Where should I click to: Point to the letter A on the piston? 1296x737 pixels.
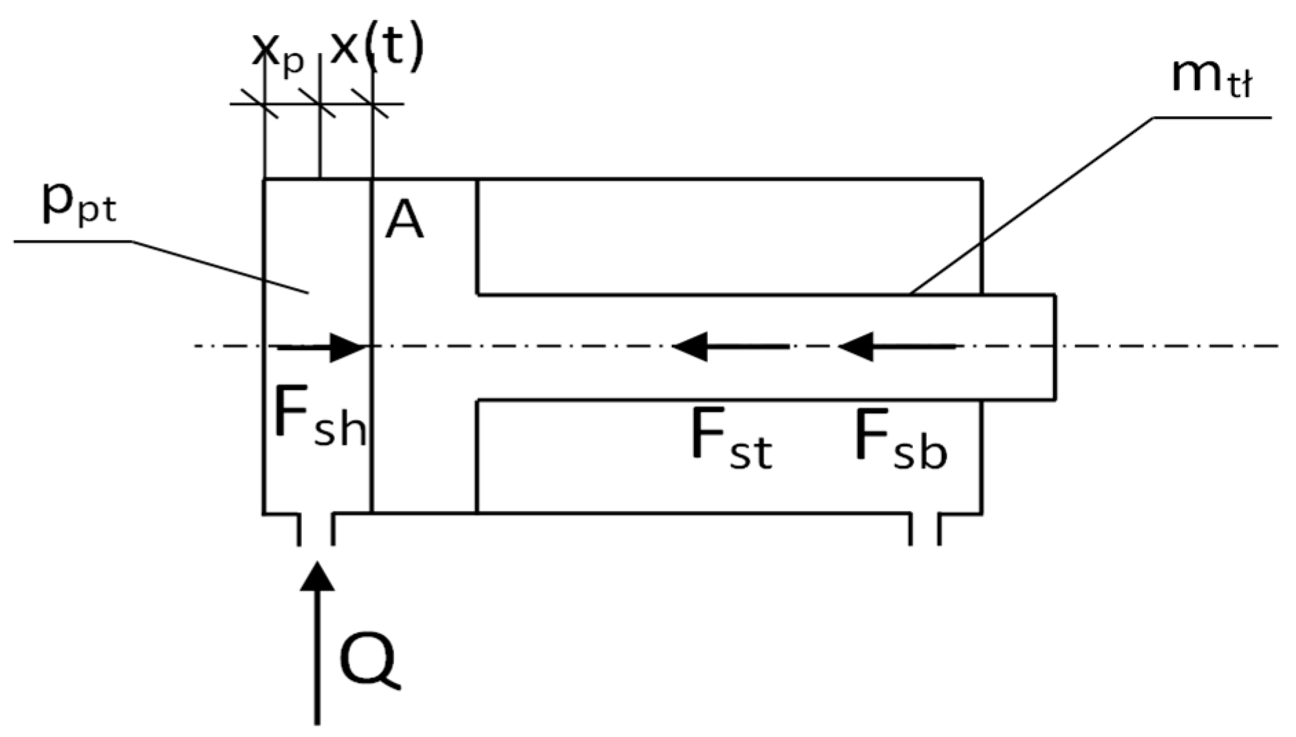coord(404,221)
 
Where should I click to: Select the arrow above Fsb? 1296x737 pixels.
coord(896,346)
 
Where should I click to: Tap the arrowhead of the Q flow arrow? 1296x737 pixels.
coord(317,577)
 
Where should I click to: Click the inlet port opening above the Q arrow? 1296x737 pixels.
coord(316,529)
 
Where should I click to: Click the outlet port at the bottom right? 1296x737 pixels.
coord(925,529)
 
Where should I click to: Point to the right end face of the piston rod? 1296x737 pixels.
coord(1054,347)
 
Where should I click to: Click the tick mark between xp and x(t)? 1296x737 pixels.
coord(320,104)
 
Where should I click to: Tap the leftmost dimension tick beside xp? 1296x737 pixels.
coord(265,104)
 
